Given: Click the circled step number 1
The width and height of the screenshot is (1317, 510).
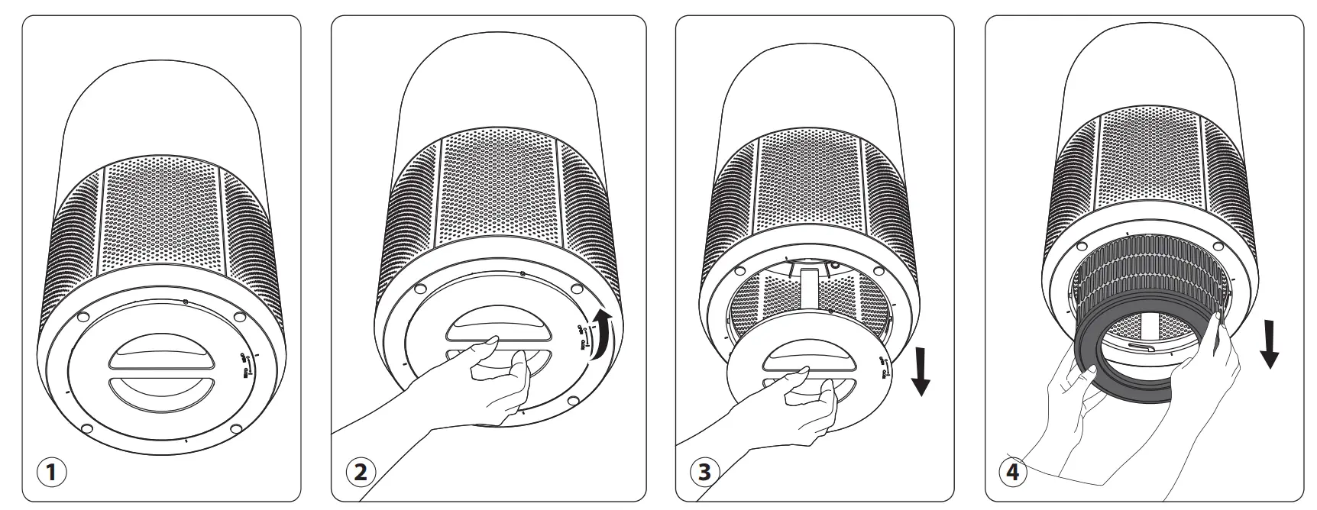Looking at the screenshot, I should tap(51, 472).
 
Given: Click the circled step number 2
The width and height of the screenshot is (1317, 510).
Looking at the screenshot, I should tap(360, 472).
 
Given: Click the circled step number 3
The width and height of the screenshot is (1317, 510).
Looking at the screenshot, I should tap(704, 472).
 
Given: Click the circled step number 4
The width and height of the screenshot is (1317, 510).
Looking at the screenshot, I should tap(1013, 472).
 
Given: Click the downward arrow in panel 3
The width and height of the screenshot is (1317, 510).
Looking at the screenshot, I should tap(921, 370).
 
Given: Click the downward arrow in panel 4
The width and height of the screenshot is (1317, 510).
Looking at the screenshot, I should tap(1269, 344).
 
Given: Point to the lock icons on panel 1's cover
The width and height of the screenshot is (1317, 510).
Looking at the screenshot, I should tap(244, 365).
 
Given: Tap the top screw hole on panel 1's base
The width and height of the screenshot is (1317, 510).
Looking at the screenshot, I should tap(185, 302).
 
